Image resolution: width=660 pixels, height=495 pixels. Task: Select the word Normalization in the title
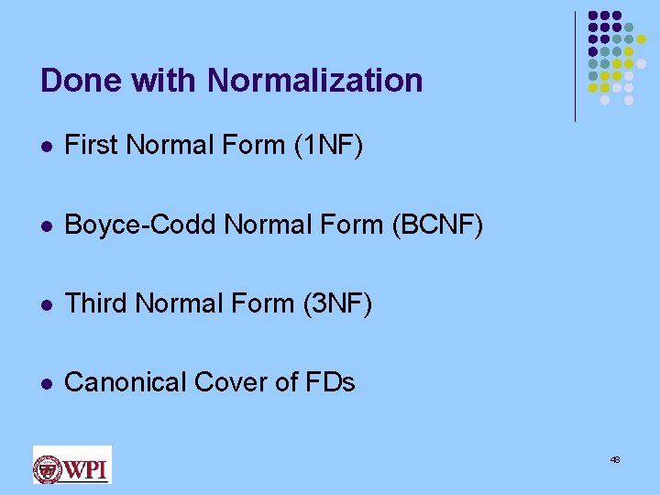315,81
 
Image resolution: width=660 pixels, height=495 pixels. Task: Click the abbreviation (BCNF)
437,225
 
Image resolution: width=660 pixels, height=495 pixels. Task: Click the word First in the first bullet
92,146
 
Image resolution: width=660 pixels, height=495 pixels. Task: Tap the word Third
96,303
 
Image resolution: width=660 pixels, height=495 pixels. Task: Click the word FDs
328,382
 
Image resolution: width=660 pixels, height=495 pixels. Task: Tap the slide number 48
615,459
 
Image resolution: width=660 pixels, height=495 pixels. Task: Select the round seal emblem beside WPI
49,468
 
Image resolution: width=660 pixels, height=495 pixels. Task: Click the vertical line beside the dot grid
575,66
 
